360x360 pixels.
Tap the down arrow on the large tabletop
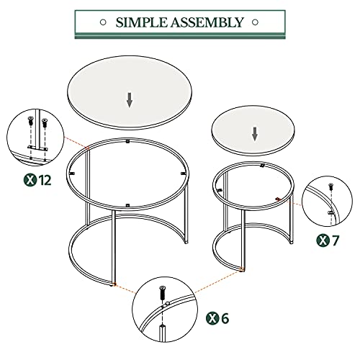click(130, 99)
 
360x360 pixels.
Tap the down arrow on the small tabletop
click(254, 134)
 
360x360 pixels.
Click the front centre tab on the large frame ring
click(127, 205)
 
